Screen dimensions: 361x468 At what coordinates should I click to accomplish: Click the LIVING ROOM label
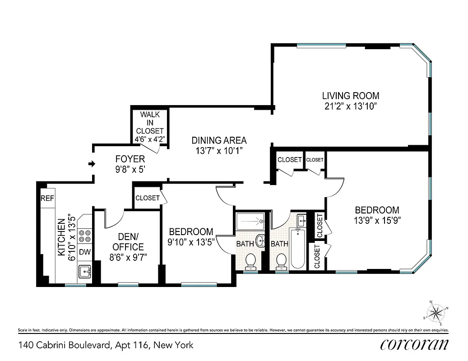(x=350, y=96)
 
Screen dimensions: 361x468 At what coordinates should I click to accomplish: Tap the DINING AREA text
(x=219, y=140)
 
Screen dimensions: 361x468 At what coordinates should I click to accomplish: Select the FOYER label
(x=130, y=159)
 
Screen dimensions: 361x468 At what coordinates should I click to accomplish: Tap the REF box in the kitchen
(x=47, y=198)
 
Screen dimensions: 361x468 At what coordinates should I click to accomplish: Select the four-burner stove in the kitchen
(x=84, y=236)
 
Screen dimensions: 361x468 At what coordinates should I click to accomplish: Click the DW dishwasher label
(x=84, y=252)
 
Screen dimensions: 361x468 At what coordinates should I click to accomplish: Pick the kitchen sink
(x=84, y=271)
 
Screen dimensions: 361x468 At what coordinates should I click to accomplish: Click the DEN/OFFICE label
(x=128, y=242)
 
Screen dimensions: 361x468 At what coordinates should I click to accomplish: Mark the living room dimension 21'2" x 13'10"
(x=350, y=106)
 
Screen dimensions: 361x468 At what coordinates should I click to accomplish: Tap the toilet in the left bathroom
(x=250, y=260)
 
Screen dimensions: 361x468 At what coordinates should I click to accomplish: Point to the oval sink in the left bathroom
(x=261, y=241)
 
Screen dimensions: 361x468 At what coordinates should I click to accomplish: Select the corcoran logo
(x=414, y=345)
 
